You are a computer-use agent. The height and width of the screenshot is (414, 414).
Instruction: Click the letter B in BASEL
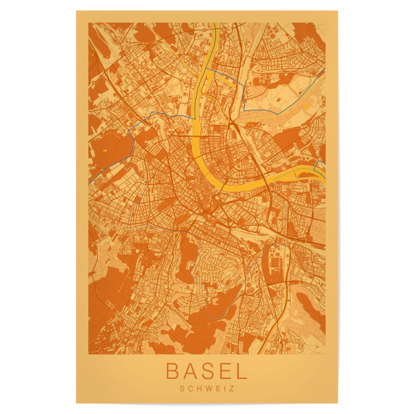click(174, 371)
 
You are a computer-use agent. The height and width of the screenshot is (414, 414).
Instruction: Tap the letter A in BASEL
click(191, 371)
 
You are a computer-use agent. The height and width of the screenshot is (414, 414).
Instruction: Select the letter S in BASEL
click(208, 371)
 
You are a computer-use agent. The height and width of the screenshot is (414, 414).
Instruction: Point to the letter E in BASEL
click(224, 371)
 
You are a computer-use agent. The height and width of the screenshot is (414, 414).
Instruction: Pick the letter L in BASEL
click(239, 371)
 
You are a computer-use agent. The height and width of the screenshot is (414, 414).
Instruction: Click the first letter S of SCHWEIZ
click(180, 388)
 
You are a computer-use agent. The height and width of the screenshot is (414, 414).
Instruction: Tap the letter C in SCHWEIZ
click(188, 388)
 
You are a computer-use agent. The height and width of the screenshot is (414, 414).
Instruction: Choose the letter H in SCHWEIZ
click(197, 388)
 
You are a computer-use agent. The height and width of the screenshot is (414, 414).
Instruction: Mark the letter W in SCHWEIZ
click(207, 388)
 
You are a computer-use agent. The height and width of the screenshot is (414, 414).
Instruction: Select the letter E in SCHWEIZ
click(217, 388)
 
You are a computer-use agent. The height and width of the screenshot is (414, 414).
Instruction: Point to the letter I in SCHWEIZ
click(224, 388)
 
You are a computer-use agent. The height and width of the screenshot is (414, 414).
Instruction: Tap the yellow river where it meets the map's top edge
click(214, 24)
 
